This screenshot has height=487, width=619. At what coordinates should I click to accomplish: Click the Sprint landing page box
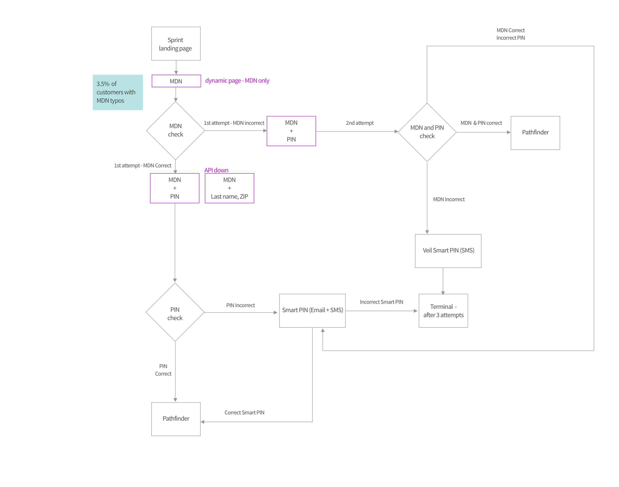tap(176, 44)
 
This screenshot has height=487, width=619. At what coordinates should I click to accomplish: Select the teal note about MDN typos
tap(118, 92)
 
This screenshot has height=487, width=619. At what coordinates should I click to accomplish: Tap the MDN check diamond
tap(175, 131)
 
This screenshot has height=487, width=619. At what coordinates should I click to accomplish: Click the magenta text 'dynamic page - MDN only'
tap(237, 81)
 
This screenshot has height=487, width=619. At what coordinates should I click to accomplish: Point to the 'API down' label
tap(216, 170)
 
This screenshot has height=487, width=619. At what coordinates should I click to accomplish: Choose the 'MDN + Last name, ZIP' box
tap(229, 188)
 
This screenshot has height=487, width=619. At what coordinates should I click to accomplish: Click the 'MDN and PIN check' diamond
tap(427, 132)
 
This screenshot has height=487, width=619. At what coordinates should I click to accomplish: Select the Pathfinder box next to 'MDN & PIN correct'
tap(535, 133)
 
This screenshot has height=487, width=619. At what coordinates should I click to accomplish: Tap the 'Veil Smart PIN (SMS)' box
tap(448, 251)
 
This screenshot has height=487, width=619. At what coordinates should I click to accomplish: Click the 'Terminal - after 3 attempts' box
tap(443, 311)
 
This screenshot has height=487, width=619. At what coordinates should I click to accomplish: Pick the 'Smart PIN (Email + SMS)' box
tap(312, 311)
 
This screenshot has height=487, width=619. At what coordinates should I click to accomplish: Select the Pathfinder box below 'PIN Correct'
tap(176, 419)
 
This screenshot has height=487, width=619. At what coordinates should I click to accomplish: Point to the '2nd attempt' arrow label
tap(360, 123)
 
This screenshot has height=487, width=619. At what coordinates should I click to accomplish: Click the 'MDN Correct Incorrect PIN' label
tap(510, 34)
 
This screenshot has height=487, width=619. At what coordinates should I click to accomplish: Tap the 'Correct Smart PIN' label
tap(244, 412)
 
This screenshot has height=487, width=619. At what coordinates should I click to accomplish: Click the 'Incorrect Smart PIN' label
tap(381, 302)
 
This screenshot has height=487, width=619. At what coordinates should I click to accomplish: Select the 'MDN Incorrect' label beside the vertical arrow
tap(449, 199)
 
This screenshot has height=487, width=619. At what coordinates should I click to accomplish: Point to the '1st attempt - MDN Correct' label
tap(142, 166)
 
